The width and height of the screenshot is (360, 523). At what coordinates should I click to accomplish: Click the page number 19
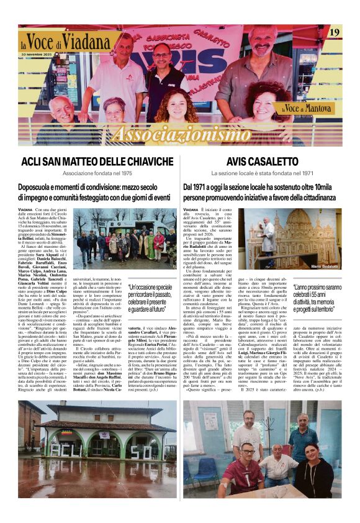click(334, 32)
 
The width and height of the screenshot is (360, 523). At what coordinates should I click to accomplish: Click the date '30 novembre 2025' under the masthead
click(38, 55)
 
